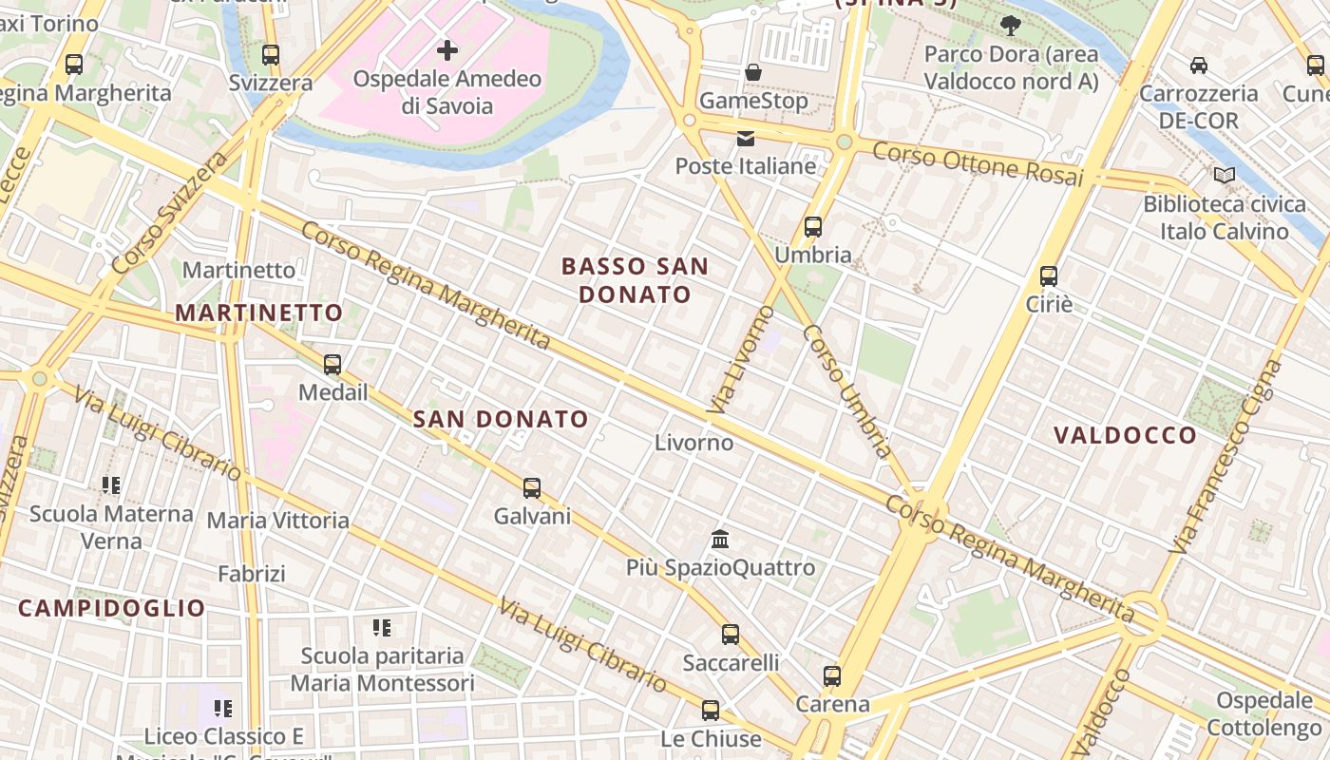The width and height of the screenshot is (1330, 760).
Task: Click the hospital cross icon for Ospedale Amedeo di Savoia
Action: point(446,50)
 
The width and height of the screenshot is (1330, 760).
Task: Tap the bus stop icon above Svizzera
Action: point(271,55)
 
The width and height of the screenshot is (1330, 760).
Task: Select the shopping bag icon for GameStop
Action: point(753,72)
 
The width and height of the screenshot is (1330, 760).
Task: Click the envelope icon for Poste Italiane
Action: point(746,139)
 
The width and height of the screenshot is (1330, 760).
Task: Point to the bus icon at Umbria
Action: point(813,227)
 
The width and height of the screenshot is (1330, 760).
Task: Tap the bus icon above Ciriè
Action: point(1049,276)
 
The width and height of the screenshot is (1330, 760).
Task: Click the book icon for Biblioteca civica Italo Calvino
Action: point(1225,176)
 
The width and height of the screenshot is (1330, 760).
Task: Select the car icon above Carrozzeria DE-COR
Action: point(1199,66)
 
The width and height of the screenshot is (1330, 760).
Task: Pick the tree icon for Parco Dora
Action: point(1011,27)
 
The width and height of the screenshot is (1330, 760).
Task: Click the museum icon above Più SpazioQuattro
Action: point(720,540)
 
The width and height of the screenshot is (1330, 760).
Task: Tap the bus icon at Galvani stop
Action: point(532,488)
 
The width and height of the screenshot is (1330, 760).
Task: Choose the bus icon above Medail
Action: point(332,365)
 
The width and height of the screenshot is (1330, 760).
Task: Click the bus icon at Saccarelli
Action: point(730,635)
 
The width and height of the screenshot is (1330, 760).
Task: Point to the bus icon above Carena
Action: point(832,676)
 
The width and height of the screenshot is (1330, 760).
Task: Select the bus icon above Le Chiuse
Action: point(711,711)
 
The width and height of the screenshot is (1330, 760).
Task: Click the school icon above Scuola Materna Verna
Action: point(111,485)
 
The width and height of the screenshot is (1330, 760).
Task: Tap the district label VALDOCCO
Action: point(1125,435)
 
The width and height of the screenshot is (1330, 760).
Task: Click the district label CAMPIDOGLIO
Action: point(112,608)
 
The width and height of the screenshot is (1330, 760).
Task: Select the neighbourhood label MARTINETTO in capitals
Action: point(258,313)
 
